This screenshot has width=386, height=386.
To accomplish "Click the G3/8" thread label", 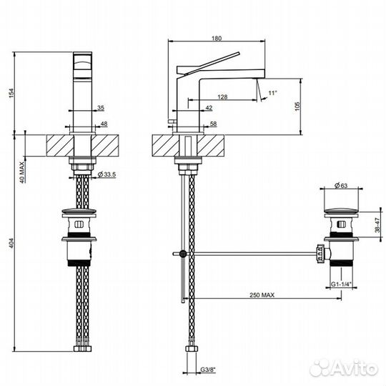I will [209, 370].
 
